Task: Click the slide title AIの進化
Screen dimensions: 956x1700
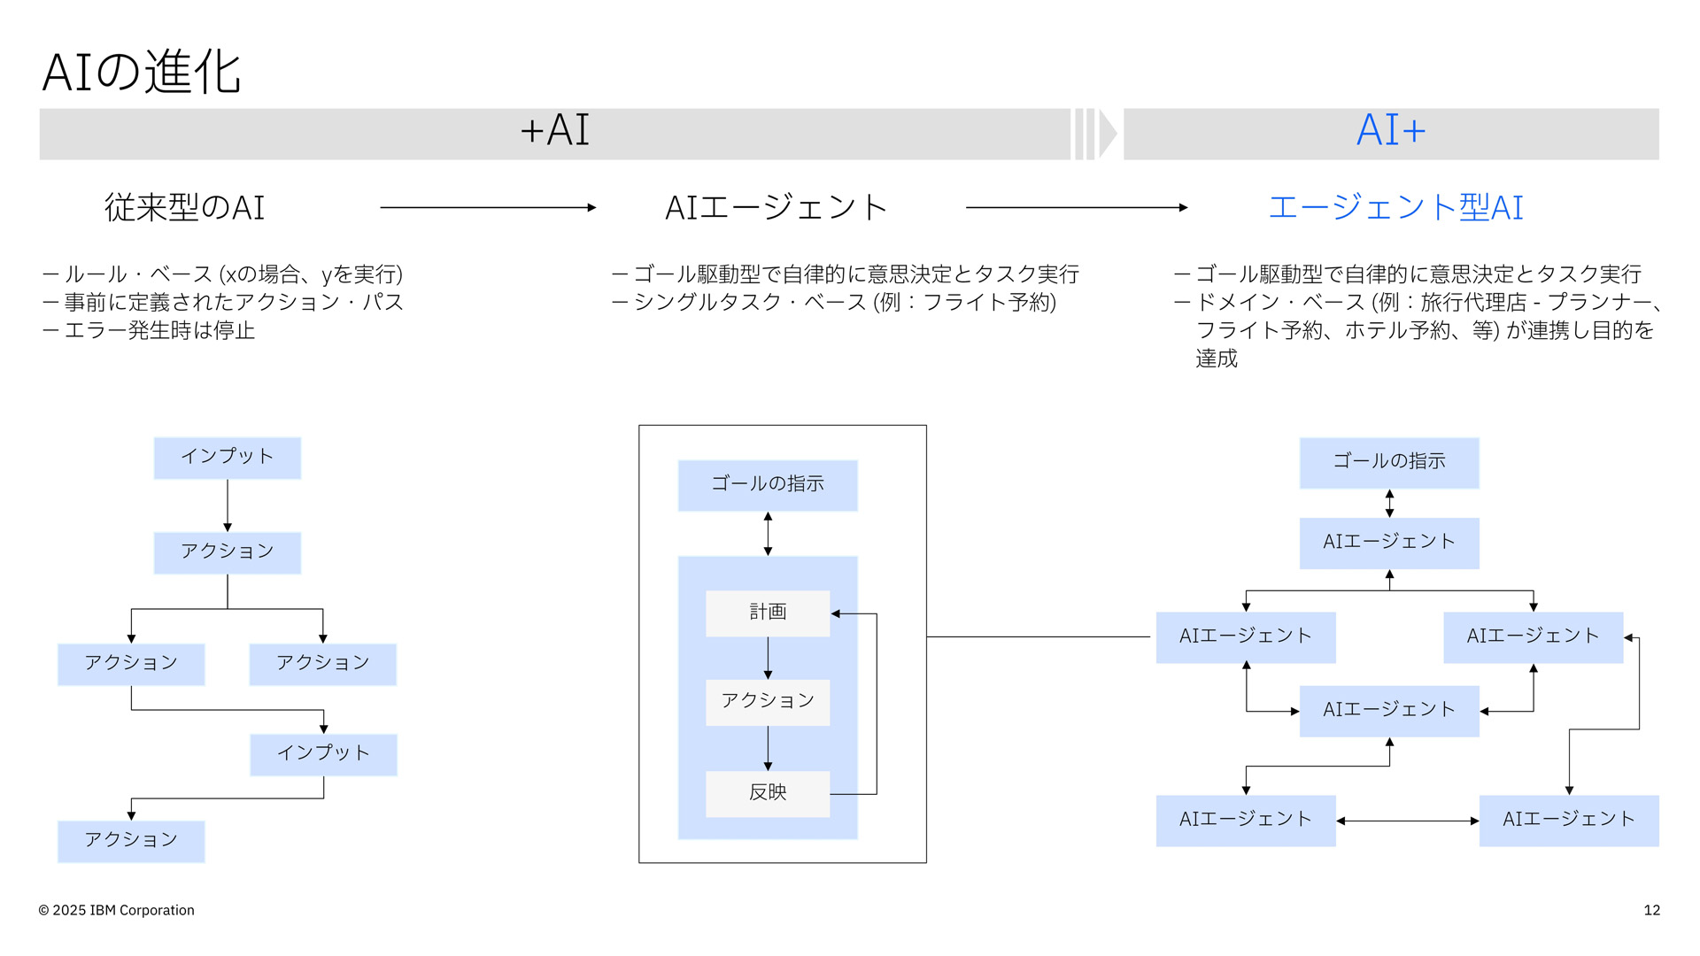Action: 142,72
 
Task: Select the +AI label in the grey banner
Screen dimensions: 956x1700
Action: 554,131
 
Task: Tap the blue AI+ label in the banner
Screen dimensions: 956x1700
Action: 1390,131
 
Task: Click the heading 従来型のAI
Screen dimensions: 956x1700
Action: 184,208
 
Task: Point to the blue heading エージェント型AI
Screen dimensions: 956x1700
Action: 1395,208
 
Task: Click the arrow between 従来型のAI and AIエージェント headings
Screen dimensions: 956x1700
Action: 488,208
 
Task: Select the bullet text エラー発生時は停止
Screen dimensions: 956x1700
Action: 159,331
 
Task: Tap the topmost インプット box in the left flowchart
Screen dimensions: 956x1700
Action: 227,458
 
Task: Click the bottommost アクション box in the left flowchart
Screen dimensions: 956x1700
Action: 131,841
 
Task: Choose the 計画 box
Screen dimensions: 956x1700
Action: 767,613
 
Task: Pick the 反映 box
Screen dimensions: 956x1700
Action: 767,793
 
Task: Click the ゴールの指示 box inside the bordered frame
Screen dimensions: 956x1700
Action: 767,484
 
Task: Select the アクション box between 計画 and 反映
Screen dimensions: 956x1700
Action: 767,702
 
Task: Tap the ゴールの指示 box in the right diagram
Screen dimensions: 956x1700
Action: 1388,462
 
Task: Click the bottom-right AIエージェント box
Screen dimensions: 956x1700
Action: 1568,821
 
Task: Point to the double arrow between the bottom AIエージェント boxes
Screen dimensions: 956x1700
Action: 1407,821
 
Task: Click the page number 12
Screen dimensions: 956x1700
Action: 1651,911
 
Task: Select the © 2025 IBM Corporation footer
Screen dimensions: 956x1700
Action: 116,911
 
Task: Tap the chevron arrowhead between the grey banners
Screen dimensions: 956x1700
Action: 1107,134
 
